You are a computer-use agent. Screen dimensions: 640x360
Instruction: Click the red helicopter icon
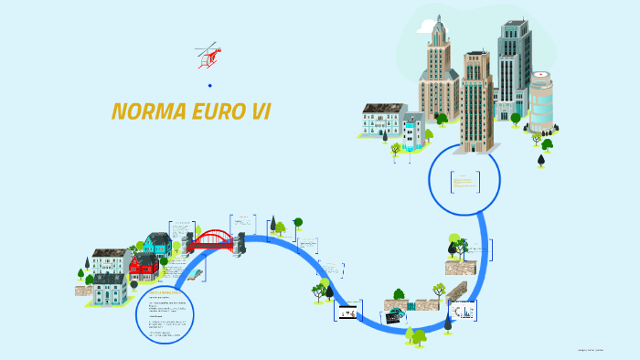208,57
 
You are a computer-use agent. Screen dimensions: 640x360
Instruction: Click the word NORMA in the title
145,111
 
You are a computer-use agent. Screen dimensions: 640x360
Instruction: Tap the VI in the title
261,111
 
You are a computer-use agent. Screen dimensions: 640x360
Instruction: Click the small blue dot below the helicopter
209,85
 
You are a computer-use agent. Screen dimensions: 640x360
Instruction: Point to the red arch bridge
211,241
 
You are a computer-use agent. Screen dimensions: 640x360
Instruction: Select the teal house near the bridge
157,244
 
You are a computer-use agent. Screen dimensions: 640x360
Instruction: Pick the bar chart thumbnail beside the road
464,312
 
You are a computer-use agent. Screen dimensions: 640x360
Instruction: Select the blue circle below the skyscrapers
465,180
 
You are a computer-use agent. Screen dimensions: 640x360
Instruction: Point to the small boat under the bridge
196,272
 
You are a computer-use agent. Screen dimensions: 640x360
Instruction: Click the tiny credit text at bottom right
599,349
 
